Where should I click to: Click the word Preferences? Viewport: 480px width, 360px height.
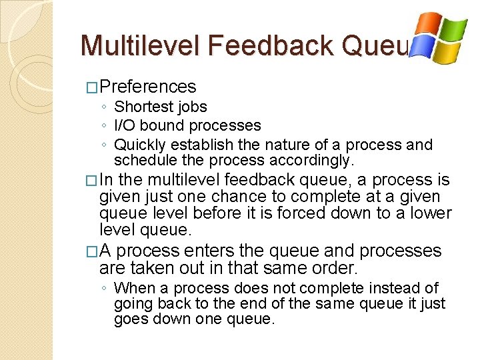pyautogui.click(x=148, y=87)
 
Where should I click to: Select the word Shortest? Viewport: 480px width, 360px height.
pyautogui.click(x=139, y=107)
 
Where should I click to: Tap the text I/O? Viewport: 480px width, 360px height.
pyautogui.click(x=125, y=125)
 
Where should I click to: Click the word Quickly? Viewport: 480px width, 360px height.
pyautogui.click(x=140, y=145)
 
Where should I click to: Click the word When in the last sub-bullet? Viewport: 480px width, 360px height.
pyautogui.click(x=133, y=288)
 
